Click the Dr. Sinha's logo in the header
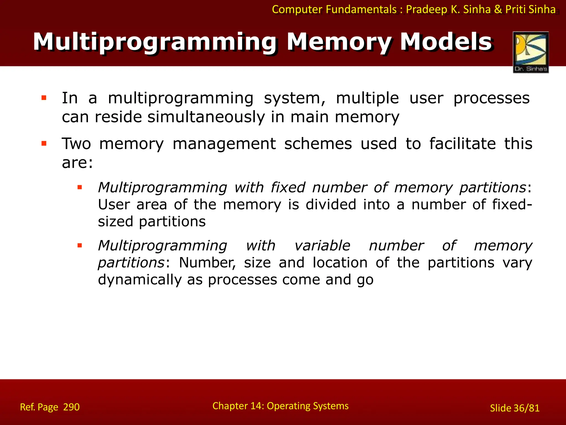pos(531,52)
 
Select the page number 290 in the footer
pos(71,407)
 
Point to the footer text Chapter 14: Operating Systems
pos(280,406)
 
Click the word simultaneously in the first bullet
pos(206,117)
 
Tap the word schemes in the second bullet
pos(318,144)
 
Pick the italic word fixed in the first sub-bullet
pos(288,187)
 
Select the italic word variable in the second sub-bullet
pos(322,246)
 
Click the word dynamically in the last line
pos(140,280)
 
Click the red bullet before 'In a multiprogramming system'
pos(44,98)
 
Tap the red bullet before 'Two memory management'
pos(44,143)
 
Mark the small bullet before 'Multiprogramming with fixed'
pos(80,187)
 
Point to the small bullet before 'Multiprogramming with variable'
pos(80,245)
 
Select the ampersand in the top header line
pos(498,10)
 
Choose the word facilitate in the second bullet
pos(462,144)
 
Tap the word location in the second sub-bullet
pos(340,263)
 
